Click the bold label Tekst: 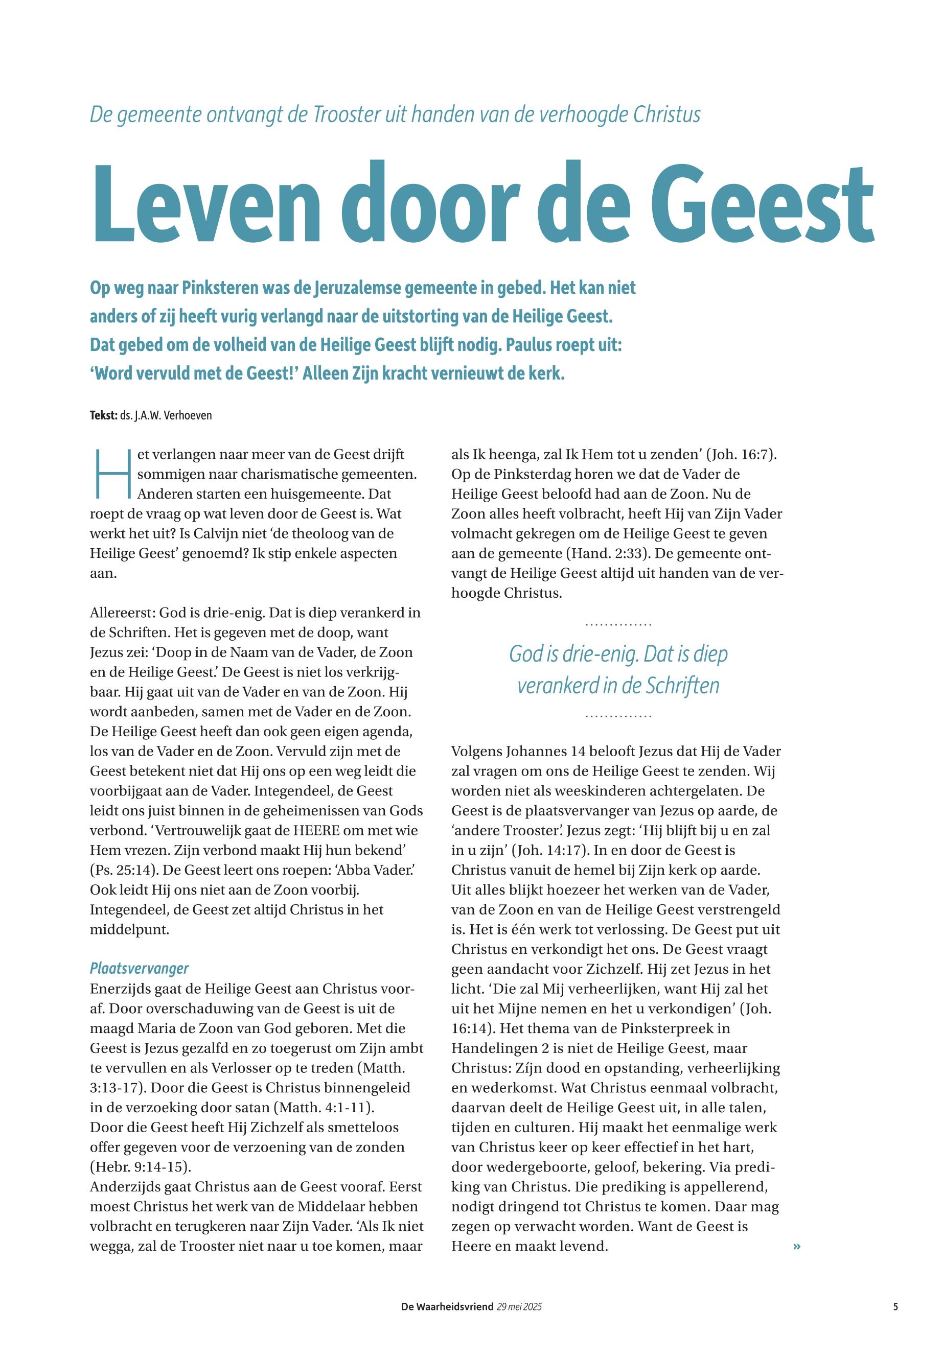[x=103, y=415]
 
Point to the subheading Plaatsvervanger [x=140, y=968]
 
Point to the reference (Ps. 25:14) [x=125, y=870]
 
